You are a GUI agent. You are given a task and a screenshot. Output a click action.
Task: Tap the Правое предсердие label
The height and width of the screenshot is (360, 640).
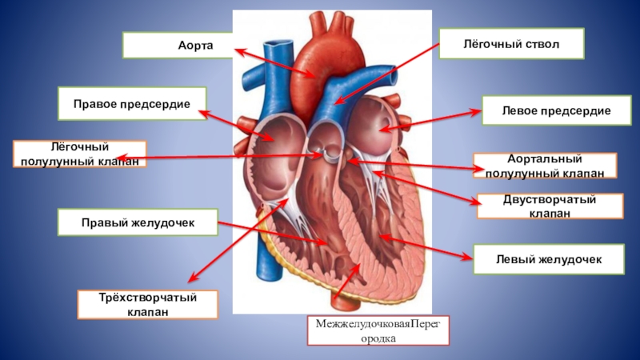pyautogui.click(x=132, y=104)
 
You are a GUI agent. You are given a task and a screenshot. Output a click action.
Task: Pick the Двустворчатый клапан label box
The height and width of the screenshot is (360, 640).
pyautogui.click(x=550, y=206)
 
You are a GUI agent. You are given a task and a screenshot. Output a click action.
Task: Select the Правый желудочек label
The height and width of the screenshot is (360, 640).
pyautogui.click(x=138, y=222)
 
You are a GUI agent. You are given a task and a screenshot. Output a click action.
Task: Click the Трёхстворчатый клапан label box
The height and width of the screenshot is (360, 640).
pyautogui.click(x=148, y=304)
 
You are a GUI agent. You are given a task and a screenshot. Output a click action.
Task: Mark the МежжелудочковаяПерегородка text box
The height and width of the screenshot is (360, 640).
pyautogui.click(x=378, y=329)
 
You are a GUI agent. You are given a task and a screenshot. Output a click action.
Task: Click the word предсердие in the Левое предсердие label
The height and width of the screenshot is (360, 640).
pyautogui.click(x=574, y=111)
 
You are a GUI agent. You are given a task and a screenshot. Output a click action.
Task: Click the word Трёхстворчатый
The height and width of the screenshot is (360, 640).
pyautogui.click(x=148, y=297)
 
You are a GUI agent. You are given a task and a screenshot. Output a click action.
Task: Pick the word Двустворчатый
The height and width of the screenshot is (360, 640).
pyautogui.click(x=550, y=198)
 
